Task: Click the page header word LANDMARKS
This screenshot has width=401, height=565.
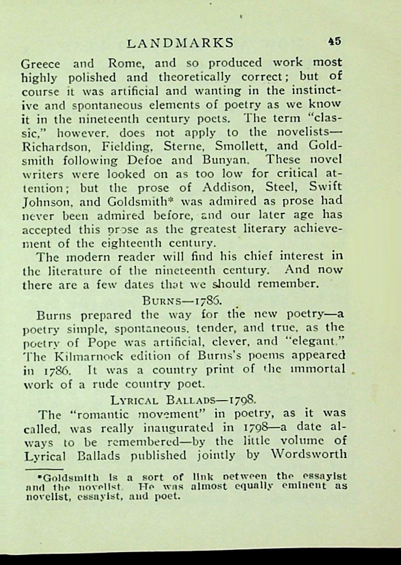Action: tap(181, 43)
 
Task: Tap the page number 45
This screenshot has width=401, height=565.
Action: tap(334, 41)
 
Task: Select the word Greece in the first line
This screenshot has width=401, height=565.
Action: tap(40, 64)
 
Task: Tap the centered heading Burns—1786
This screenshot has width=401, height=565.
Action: tap(183, 301)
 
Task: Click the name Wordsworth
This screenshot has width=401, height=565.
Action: tap(306, 454)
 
